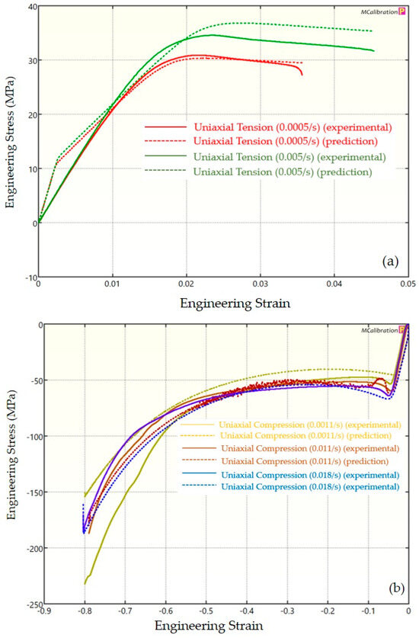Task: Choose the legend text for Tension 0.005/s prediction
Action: (x=283, y=172)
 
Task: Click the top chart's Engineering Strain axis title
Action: (x=223, y=303)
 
